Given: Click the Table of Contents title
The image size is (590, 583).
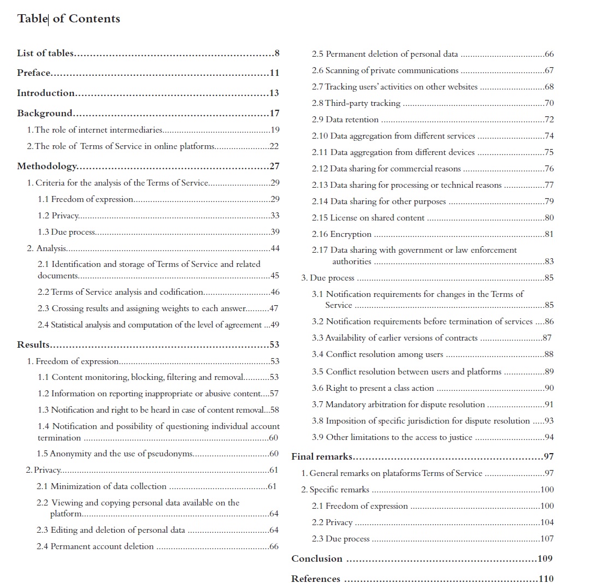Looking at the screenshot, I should tap(68, 19).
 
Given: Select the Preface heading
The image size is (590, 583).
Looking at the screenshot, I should tap(34, 73).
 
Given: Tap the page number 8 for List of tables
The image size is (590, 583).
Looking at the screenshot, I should tap(277, 53).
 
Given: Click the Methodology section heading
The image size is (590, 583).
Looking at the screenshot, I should tap(47, 166).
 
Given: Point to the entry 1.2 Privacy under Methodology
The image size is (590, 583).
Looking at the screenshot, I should tap(58, 216).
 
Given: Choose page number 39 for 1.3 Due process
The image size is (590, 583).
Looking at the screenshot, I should tap(275, 232).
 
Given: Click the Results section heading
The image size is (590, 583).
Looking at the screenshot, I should tap(33, 344).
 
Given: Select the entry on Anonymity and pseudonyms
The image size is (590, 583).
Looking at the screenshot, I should tap(115, 454).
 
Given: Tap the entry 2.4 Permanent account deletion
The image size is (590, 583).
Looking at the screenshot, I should tap(95, 546).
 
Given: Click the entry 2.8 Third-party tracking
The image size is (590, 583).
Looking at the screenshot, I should tap(356, 103).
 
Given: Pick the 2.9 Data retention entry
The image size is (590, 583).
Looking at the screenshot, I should tap(345, 120).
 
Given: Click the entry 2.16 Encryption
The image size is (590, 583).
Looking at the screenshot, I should tap(341, 234).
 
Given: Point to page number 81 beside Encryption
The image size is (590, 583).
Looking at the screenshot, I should tap(549, 234).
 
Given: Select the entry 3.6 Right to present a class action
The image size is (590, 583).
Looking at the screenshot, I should tap(373, 388).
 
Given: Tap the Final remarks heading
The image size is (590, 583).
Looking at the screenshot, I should tap(322, 456).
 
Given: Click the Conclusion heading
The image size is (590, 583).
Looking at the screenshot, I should tap(317, 558).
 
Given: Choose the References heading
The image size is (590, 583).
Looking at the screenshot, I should tap(316, 579).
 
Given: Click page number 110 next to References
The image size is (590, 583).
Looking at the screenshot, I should tap(546, 579).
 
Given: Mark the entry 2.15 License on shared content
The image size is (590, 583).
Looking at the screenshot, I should tap(368, 218).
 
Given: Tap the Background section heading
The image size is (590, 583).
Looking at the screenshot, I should tap(45, 113).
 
